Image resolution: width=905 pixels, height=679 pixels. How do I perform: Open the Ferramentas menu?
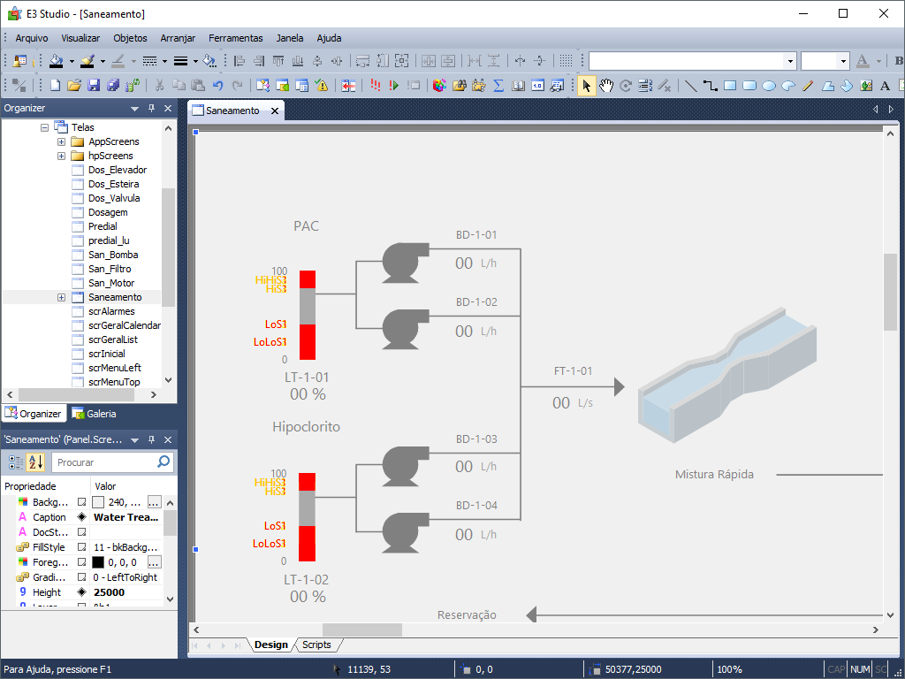(x=235, y=38)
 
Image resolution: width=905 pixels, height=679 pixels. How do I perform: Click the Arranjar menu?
(x=178, y=38)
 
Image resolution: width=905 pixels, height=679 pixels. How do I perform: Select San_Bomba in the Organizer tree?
(x=113, y=255)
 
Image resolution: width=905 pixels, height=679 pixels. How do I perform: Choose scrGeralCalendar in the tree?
(x=125, y=325)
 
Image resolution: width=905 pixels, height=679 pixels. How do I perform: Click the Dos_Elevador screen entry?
(x=118, y=170)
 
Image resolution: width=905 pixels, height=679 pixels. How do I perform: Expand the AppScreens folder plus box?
(x=62, y=141)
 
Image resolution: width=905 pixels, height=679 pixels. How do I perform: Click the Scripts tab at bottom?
(x=316, y=645)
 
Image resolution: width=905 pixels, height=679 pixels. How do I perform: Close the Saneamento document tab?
(x=276, y=111)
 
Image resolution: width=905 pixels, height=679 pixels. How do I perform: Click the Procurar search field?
(x=104, y=462)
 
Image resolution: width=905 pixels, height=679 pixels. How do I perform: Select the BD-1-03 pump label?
(x=476, y=439)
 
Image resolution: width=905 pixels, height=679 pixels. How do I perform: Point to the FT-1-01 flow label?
(x=573, y=370)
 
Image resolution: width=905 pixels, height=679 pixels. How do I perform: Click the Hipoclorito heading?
(x=306, y=427)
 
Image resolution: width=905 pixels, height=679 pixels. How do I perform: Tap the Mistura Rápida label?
(x=714, y=475)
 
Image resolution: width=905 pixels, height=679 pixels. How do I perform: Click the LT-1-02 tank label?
(x=306, y=580)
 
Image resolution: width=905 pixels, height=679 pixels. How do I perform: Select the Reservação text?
(x=467, y=614)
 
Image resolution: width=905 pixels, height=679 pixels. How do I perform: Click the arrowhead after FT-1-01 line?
(x=619, y=387)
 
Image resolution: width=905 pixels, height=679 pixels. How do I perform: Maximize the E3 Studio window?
(x=843, y=13)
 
